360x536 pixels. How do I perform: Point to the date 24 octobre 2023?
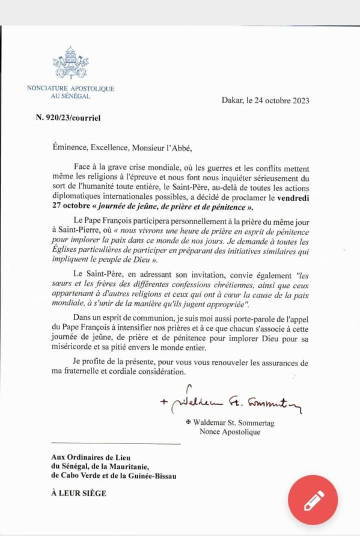[x=282, y=100]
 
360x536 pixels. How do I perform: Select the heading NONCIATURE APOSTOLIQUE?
[x=70, y=88]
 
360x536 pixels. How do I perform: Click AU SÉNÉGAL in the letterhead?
[x=70, y=96]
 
